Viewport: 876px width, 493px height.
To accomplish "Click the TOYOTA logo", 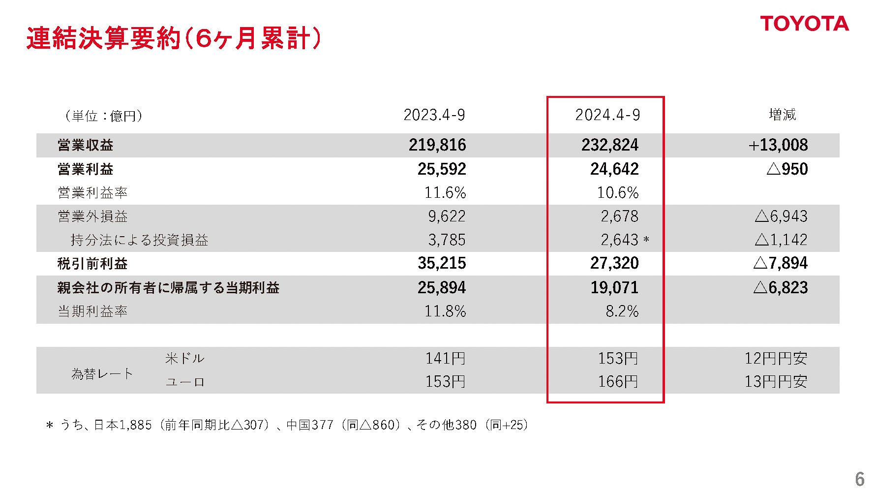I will click(x=804, y=24).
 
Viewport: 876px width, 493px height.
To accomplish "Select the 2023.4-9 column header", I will click(x=434, y=115).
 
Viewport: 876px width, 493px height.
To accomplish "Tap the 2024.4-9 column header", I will click(x=607, y=115).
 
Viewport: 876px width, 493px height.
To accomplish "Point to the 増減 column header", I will click(x=782, y=115).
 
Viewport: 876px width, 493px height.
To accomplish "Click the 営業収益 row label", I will click(x=86, y=145).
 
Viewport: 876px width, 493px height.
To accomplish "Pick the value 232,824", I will click(x=610, y=145).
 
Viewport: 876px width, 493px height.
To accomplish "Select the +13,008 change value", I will click(x=778, y=145).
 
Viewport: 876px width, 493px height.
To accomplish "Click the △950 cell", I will click(x=787, y=169).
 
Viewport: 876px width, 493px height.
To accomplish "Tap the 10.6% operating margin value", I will click(x=618, y=193).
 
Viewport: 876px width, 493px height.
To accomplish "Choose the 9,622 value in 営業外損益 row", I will click(x=447, y=216).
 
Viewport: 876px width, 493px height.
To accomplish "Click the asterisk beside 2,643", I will click(x=646, y=241).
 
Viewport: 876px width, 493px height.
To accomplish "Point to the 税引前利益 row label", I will click(x=92, y=264).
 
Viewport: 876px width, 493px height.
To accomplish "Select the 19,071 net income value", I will click(x=614, y=288).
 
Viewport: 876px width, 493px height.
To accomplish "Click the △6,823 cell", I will click(x=781, y=288).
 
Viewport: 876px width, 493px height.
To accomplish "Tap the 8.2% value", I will click(x=622, y=311).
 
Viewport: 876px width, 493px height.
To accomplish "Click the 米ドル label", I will click(x=185, y=358).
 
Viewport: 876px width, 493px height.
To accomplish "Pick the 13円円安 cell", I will click(x=776, y=382).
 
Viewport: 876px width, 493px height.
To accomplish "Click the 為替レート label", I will click(x=102, y=374).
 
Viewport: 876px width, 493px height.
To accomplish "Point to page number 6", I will click(x=859, y=479).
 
